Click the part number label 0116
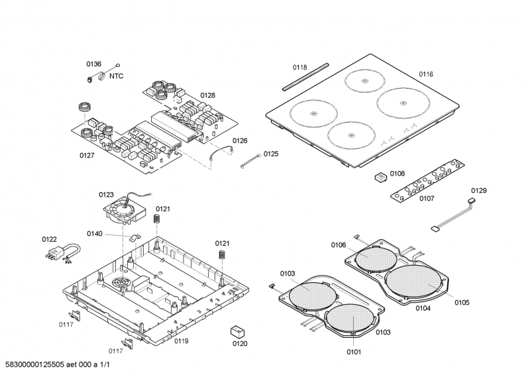coord(425,74)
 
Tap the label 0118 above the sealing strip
coord(300,67)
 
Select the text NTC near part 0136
coord(116,76)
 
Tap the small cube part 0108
coord(380,177)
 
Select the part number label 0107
coord(426,198)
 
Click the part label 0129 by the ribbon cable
coord(478,190)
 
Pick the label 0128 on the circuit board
coord(207,95)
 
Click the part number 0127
coord(86,155)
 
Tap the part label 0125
coord(270,154)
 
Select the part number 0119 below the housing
coord(181,341)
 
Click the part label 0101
coord(354,352)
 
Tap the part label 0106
coord(339,245)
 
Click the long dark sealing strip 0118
coord(304,77)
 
